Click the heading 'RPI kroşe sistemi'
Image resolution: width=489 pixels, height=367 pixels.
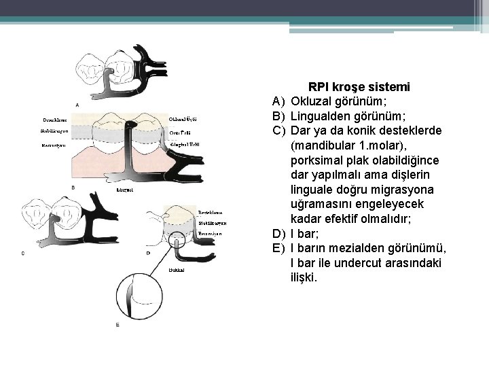pos(359,87)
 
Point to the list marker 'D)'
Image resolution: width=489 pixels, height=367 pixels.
pos(279,233)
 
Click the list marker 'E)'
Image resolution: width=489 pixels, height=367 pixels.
pos(279,248)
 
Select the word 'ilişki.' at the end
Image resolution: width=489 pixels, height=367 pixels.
pos(304,277)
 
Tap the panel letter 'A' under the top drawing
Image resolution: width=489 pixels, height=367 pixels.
pos(77,105)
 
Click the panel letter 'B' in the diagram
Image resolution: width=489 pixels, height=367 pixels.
pos(73,187)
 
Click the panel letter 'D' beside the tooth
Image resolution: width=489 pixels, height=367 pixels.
pos(148,253)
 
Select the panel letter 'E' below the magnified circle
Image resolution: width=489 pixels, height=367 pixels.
pos(117,325)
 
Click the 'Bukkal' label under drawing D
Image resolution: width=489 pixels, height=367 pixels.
pos(175,270)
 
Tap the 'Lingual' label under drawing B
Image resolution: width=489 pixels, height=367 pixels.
pos(125,190)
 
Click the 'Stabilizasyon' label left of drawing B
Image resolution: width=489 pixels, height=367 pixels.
pos(54,130)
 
